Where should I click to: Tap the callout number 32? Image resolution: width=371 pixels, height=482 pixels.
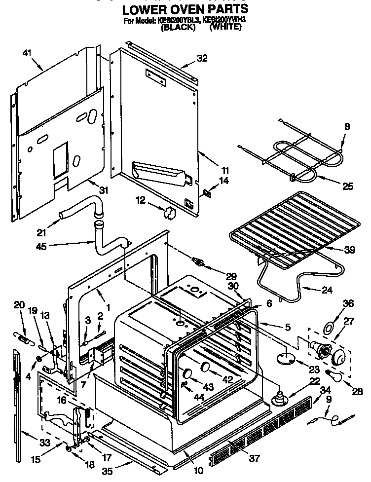[202, 58]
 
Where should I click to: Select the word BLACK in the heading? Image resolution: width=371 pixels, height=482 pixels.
[178, 28]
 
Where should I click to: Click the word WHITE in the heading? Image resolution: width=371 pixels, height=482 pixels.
[225, 28]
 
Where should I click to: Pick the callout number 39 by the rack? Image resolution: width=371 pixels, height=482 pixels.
[349, 250]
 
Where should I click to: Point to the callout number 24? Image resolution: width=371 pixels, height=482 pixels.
[327, 290]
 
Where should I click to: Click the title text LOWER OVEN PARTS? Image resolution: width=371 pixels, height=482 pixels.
[185, 9]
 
